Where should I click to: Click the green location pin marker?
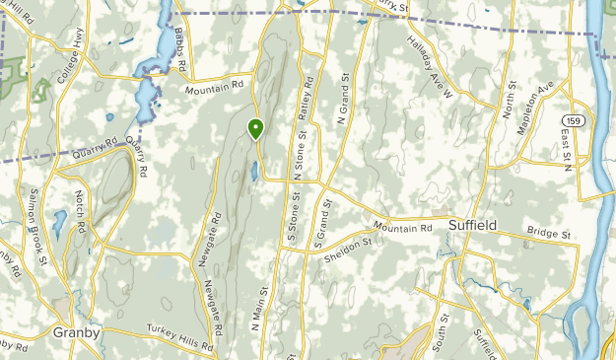[x=256, y=129]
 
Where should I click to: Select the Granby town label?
[x=76, y=332]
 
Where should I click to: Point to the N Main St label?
[x=259, y=306]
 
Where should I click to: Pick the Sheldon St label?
[x=348, y=250]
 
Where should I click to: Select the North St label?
[x=510, y=102]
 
